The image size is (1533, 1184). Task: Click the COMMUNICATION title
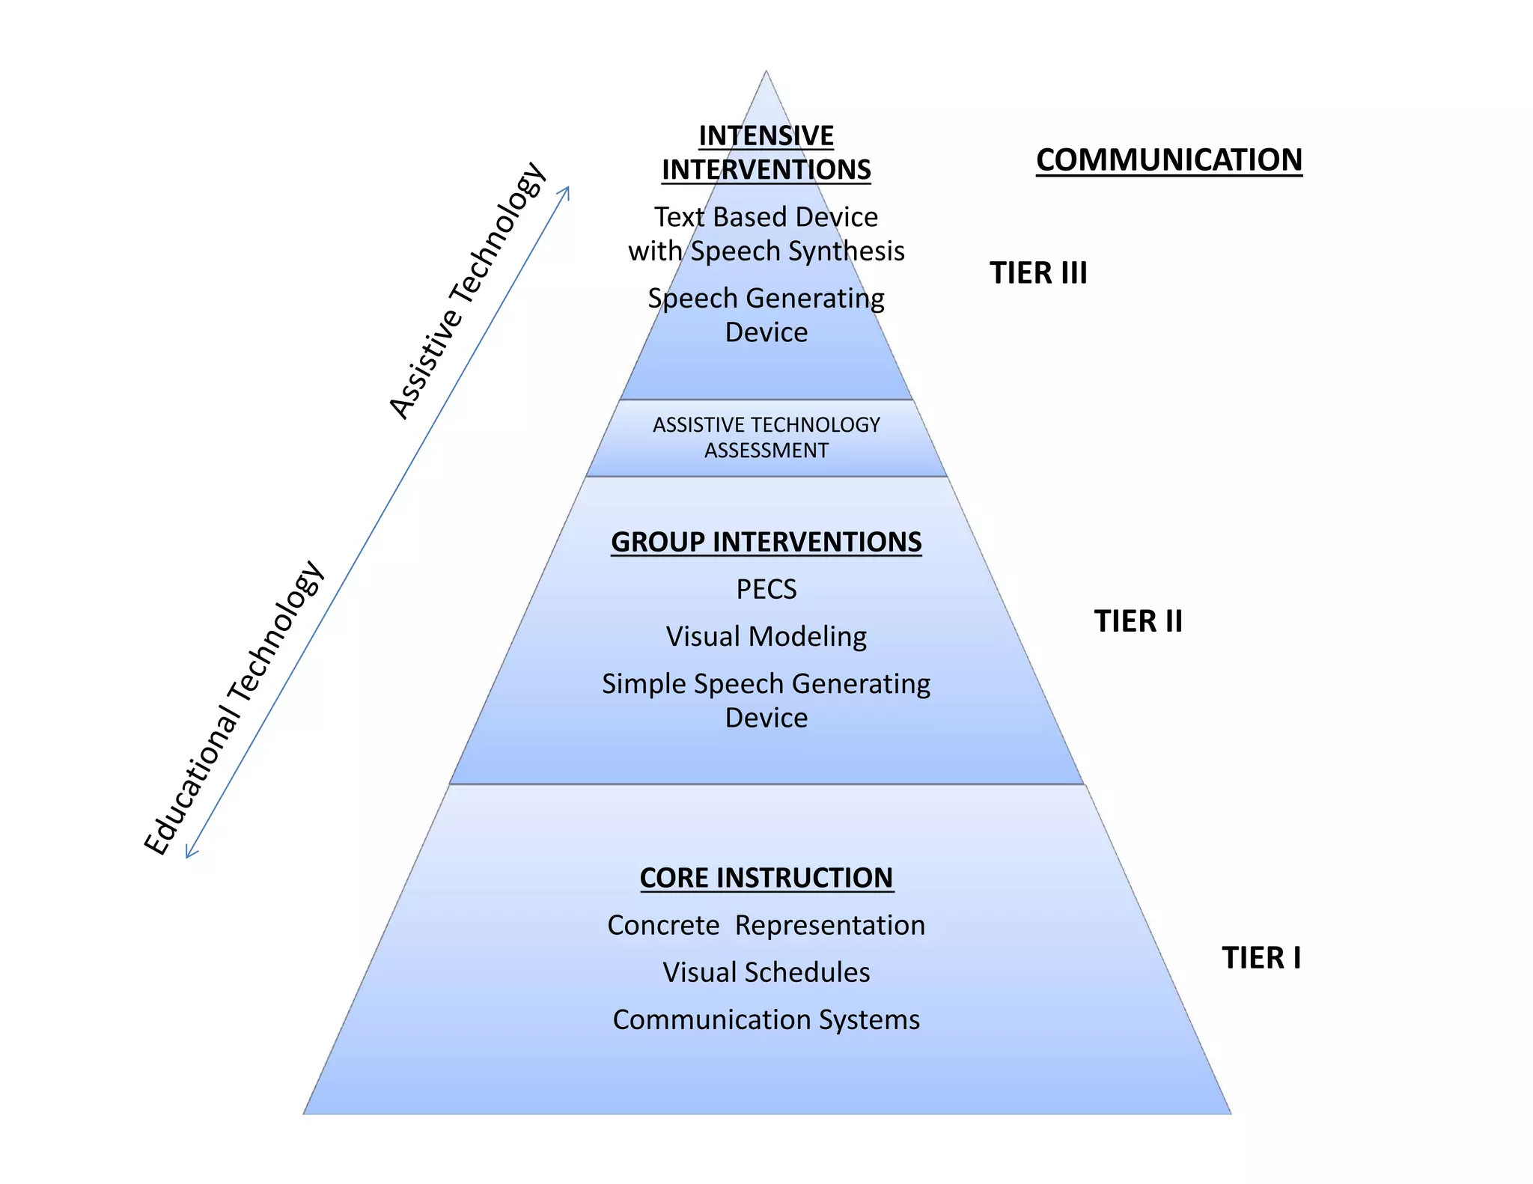point(1168,160)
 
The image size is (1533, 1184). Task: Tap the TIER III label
point(1038,273)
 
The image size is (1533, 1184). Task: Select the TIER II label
point(1138,621)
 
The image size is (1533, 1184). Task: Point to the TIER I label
point(1261,958)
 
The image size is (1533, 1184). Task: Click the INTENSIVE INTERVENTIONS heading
point(766,153)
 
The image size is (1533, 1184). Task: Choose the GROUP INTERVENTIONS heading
point(766,542)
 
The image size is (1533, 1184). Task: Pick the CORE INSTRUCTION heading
point(766,878)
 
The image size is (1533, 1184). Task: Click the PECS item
point(766,589)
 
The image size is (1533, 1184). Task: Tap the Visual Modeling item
point(766,636)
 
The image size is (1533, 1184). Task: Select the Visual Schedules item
point(766,972)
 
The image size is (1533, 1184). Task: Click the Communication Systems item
point(766,1019)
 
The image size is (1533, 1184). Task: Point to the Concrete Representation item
point(766,925)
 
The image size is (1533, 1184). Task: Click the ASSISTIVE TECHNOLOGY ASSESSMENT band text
point(766,437)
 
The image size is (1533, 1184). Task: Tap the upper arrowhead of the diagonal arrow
point(567,190)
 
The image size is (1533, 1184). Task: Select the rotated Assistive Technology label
point(468,290)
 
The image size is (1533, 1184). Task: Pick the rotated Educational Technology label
point(234,707)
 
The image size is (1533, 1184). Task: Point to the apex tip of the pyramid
point(766,72)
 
